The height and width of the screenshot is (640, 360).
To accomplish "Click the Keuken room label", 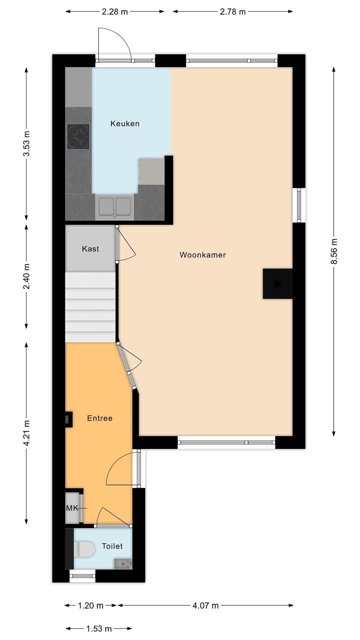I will [x=125, y=124].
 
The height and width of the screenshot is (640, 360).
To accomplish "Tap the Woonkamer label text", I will [x=203, y=255].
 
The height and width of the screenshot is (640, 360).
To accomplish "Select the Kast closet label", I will [x=90, y=249].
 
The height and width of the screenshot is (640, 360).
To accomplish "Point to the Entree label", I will [x=100, y=418].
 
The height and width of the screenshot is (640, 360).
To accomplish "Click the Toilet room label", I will [x=112, y=546].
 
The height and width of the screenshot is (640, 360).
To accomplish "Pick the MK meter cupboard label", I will [x=72, y=508].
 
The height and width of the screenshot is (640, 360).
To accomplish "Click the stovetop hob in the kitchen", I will [x=78, y=136].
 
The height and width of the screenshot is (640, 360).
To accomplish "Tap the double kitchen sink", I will [x=115, y=207].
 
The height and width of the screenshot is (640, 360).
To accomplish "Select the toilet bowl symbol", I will [x=84, y=549].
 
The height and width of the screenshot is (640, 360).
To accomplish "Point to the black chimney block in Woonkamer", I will [x=277, y=284].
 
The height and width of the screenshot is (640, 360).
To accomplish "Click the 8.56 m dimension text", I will [x=334, y=251].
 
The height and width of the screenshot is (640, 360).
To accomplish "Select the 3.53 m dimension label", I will [x=27, y=143].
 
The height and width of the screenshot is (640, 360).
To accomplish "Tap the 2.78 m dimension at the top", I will [x=233, y=12].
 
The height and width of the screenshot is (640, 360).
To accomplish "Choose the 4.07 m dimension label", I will [x=205, y=606].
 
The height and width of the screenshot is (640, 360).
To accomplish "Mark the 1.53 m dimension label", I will [x=99, y=629].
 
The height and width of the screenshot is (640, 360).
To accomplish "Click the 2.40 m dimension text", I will [x=27, y=276].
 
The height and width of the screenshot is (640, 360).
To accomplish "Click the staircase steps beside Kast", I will [x=90, y=307].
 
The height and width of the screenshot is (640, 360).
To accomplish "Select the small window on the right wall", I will [x=299, y=205].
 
